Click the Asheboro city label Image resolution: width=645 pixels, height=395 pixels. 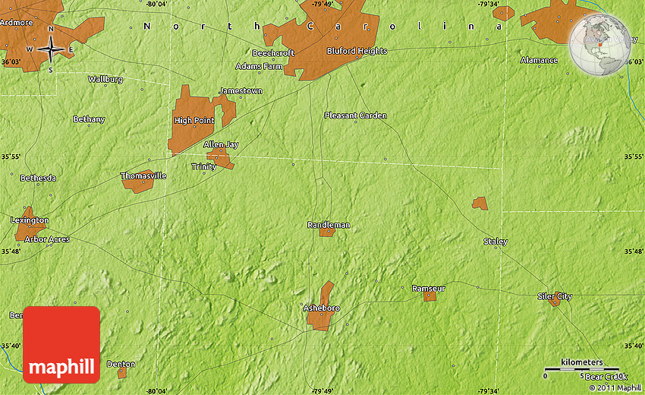coord(321,308)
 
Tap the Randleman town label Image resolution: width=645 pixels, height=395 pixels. coord(329,225)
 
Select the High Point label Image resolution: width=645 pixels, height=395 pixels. coord(193,120)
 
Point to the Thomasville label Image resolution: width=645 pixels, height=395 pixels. coord(143,175)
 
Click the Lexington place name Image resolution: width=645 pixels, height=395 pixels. coord(30,220)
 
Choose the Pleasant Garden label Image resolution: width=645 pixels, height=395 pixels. coord(355,115)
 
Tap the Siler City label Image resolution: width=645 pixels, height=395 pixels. coord(555,295)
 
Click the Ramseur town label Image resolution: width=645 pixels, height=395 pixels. coord(428,289)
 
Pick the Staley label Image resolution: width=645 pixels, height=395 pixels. coord(496,242)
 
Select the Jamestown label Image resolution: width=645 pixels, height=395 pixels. coord(241,90)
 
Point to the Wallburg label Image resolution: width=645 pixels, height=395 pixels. coord(105,78)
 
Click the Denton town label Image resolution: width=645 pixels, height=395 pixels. coord(121,364)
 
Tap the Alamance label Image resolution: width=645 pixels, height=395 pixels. coord(539,60)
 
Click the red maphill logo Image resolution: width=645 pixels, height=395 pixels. coord(61,344)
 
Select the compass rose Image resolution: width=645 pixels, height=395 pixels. coord(51,49)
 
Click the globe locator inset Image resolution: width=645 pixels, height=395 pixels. coord(600,44)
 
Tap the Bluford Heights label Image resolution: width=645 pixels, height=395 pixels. coord(357,51)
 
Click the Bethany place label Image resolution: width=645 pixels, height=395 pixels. coord(89,119)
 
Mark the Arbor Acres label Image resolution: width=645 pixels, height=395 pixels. coord(47,239)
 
